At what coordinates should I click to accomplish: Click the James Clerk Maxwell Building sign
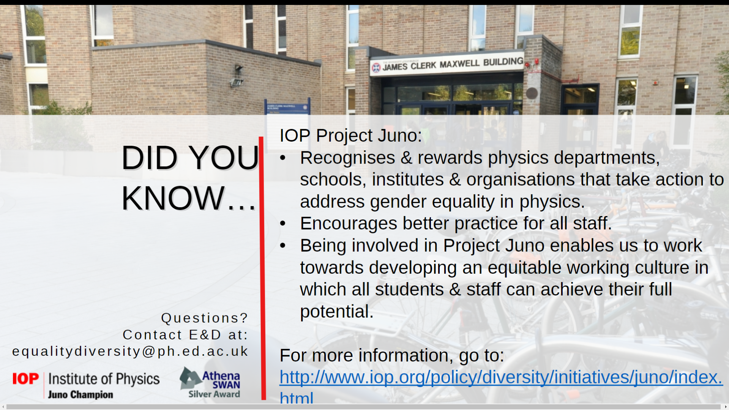click(x=447, y=64)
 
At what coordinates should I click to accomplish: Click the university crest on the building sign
click(x=376, y=68)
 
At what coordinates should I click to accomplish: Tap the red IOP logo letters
click(x=25, y=378)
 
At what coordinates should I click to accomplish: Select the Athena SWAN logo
click(x=210, y=382)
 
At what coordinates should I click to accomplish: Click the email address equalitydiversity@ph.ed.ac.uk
click(x=130, y=351)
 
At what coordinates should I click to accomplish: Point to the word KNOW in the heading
click(x=173, y=198)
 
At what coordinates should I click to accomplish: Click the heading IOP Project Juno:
click(x=350, y=136)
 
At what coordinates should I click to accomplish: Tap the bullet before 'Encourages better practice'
click(x=282, y=224)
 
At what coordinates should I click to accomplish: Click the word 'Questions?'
click(x=205, y=318)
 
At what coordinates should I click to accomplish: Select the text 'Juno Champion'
click(x=80, y=394)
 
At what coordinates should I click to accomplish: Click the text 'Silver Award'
click(x=214, y=394)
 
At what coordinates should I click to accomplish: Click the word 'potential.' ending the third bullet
click(x=337, y=312)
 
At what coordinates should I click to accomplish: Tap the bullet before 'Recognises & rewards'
click(x=282, y=158)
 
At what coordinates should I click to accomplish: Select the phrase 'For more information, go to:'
click(x=392, y=356)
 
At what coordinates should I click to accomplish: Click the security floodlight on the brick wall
click(x=237, y=77)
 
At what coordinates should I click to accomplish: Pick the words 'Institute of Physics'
click(x=104, y=379)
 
